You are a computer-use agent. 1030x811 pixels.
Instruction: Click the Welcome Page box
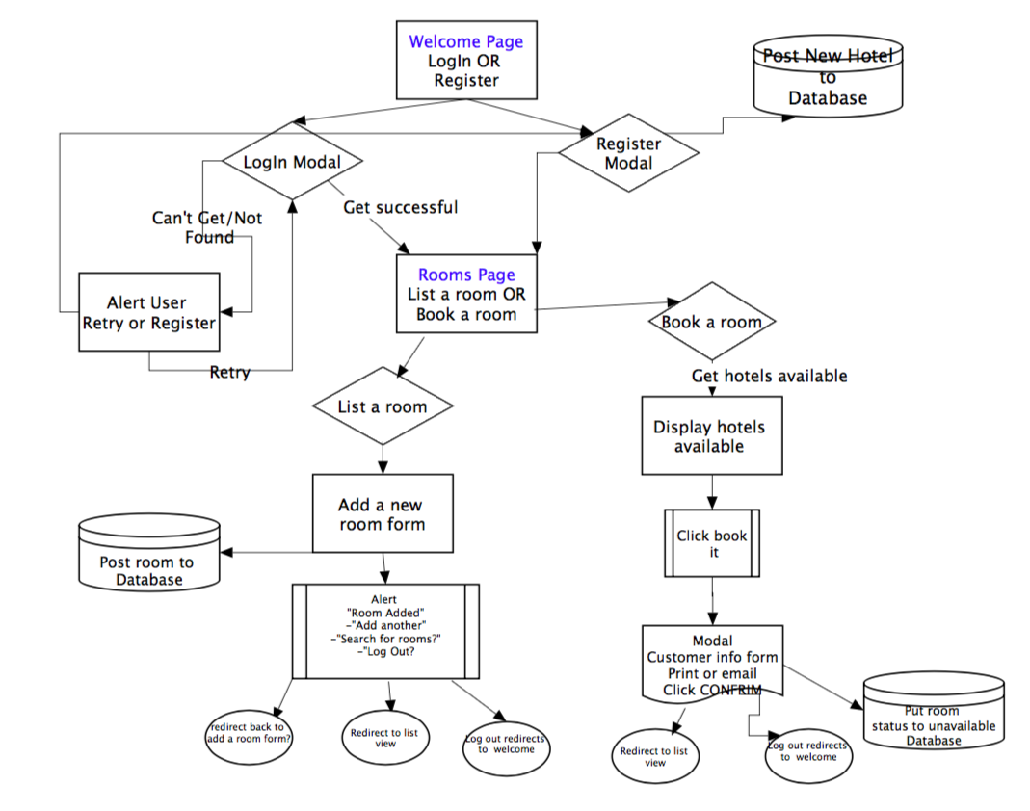coord(466,61)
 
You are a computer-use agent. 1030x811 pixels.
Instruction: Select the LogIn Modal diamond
coord(292,162)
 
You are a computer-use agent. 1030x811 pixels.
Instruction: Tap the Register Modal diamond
coord(628,154)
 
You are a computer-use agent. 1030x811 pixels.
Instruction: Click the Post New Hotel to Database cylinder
coord(827,78)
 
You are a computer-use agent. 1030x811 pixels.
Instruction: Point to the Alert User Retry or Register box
coord(148,312)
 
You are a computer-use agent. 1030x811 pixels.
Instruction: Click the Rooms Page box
coord(466,295)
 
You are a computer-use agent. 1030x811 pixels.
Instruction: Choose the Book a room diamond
coord(711,322)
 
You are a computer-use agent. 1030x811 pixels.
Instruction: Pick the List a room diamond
coord(383,406)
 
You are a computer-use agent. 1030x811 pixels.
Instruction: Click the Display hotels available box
coord(710,436)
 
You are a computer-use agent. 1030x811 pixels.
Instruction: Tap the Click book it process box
coord(712,544)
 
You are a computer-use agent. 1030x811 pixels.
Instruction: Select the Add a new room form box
coord(382,514)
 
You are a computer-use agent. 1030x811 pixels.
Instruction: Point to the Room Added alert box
coord(385,631)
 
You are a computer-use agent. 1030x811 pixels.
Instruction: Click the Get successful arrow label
coord(400,207)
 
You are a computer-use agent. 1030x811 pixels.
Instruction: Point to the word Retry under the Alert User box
coord(229,373)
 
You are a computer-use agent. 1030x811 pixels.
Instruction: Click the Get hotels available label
coord(769,376)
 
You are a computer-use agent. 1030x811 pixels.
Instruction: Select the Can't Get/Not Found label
coord(207,227)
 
